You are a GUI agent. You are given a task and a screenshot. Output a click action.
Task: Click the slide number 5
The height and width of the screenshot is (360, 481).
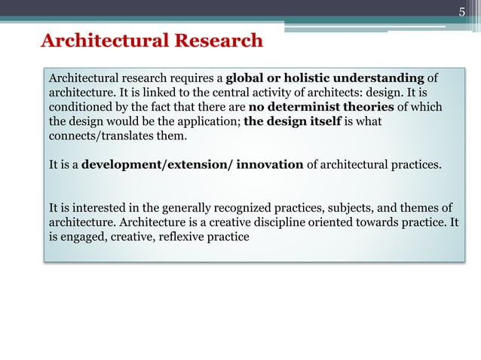tap(464, 11)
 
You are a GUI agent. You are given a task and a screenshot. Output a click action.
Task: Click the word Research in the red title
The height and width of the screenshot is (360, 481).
tap(219, 40)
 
